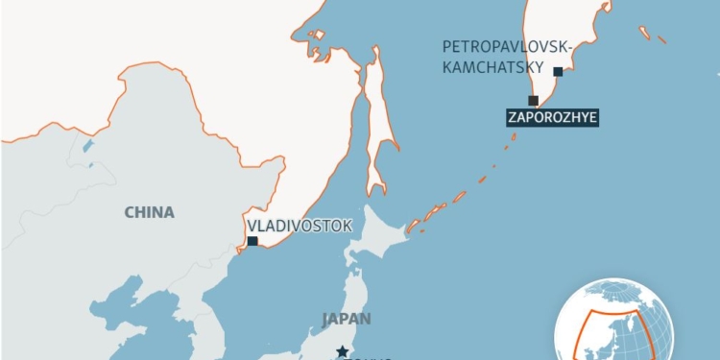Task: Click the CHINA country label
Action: click(149, 212)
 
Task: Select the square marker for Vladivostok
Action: click(252, 242)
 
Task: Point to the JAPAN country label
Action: click(347, 319)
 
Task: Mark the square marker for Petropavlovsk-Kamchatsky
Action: click(558, 71)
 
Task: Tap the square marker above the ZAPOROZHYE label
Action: click(533, 100)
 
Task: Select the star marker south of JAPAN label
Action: click(342, 351)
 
